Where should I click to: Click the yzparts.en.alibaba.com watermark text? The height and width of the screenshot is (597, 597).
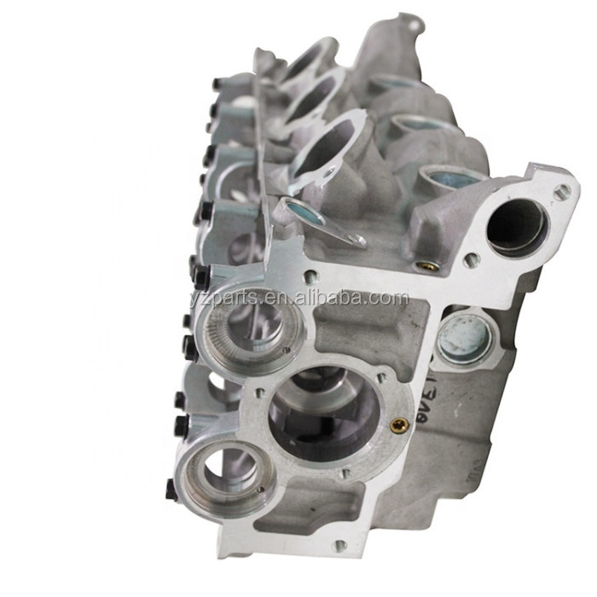299,298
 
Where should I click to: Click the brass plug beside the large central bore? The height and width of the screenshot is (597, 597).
398,424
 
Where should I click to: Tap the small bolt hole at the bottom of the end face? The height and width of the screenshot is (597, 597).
339,545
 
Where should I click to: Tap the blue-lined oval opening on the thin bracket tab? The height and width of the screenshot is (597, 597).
304,212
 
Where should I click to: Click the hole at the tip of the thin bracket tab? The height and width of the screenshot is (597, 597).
358,241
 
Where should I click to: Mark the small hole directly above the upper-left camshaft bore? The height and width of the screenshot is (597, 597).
310,275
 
